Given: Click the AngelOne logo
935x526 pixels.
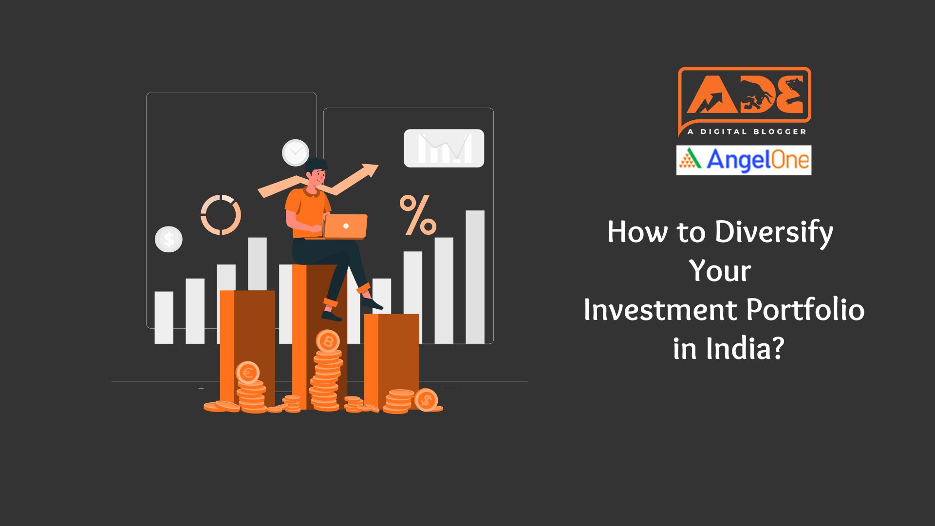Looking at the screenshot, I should coord(744,160).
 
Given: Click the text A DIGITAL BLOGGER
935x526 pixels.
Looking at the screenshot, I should coord(747,131).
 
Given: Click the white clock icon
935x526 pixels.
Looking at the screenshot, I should coord(295,152).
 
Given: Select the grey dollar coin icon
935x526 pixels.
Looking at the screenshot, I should coord(168,239).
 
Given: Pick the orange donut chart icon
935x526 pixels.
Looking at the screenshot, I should coord(221,215).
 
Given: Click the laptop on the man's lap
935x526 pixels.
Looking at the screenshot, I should coord(345,226).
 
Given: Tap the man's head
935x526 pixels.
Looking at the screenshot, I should coord(317,171).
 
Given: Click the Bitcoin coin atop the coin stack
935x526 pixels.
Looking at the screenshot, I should coord(328,341).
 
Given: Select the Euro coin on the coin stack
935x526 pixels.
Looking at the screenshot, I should coord(247,373).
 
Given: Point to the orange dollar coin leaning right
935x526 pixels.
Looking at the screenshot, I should coord(426,400).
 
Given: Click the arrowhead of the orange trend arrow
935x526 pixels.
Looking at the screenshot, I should coord(371,170).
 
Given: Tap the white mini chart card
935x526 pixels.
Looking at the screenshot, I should coord(444,148).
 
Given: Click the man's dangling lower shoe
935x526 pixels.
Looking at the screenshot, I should coord(332,316).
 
